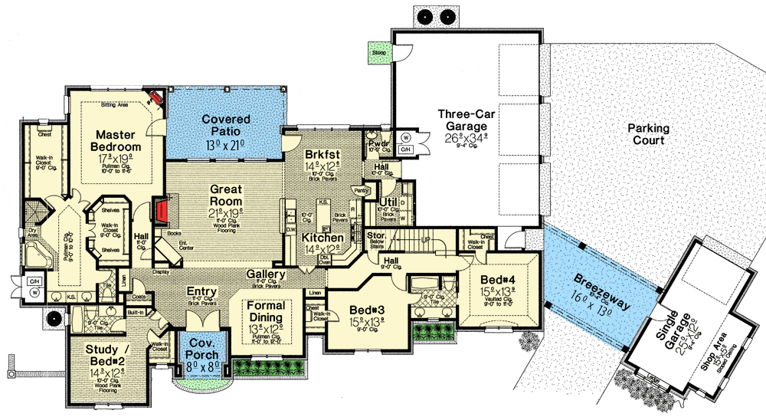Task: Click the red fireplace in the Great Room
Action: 162,212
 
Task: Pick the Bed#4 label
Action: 496,280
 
